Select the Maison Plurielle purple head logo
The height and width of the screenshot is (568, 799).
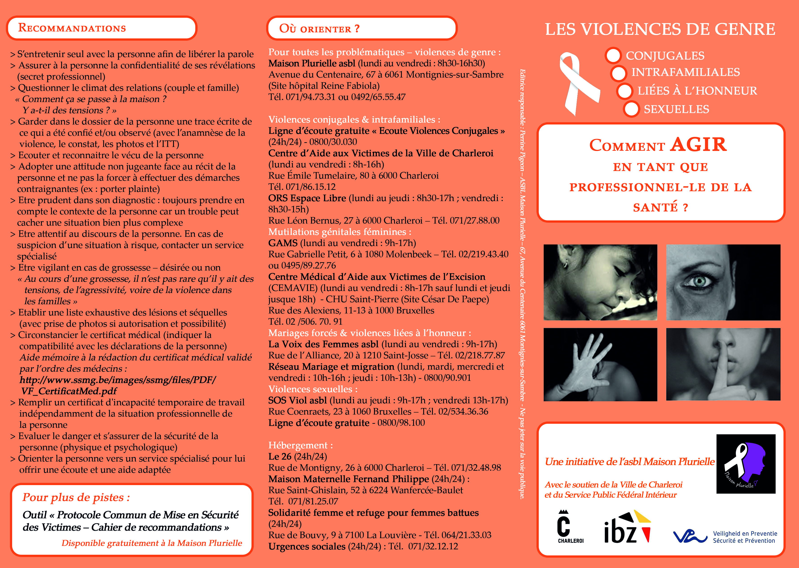[746, 464]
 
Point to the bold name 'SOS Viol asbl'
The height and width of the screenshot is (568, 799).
[297, 400]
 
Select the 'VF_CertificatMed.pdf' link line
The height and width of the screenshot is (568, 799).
[69, 391]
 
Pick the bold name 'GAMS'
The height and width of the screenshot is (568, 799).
[283, 243]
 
